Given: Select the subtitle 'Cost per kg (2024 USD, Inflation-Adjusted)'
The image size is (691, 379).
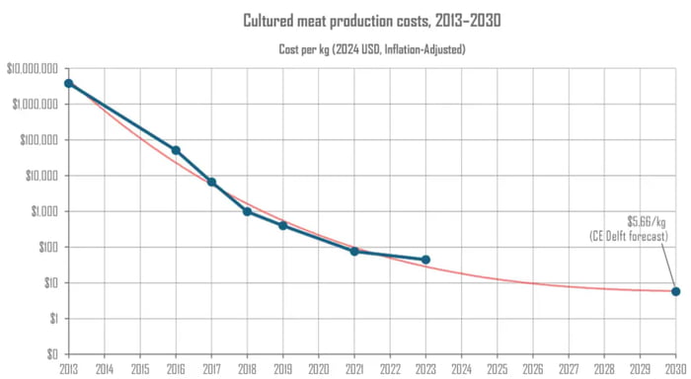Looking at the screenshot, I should click(x=371, y=48).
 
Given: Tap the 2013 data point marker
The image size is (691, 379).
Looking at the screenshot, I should click(x=68, y=84).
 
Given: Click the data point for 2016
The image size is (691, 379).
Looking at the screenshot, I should click(x=176, y=150).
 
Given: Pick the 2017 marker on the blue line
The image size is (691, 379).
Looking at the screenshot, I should click(x=211, y=183).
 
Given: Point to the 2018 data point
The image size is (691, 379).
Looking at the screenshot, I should click(x=247, y=211).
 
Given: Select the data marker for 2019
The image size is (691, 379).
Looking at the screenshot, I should click(x=282, y=225).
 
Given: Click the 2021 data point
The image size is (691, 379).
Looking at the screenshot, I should click(x=354, y=252).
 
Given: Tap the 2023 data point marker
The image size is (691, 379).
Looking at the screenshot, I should click(x=425, y=260).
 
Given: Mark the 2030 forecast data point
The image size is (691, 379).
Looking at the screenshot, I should click(x=675, y=291).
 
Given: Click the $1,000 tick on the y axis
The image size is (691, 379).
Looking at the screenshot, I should click(x=45, y=211).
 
